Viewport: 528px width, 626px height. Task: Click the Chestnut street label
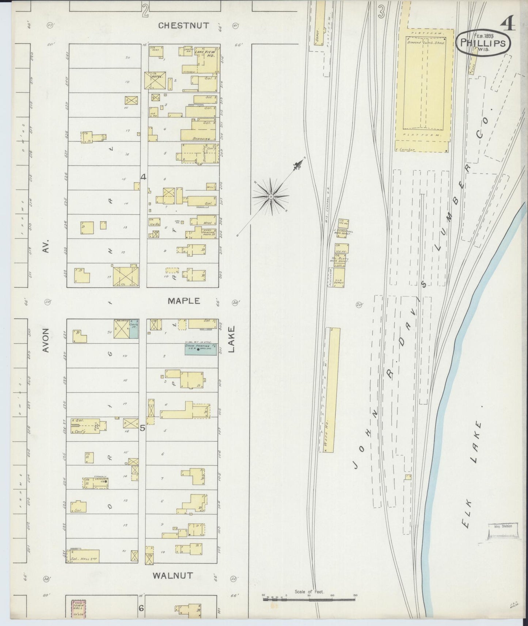click(x=184, y=26)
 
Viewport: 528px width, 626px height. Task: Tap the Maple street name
click(x=184, y=301)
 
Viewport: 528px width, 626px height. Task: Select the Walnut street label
click(x=172, y=575)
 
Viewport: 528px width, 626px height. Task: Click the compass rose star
click(x=271, y=196)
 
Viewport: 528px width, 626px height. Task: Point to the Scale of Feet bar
click(x=309, y=599)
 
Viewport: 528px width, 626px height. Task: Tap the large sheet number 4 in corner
click(x=508, y=24)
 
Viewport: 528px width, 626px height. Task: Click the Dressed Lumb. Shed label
click(x=425, y=43)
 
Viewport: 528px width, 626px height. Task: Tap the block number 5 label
click(x=143, y=428)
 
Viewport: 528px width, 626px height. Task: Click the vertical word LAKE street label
click(x=231, y=339)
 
